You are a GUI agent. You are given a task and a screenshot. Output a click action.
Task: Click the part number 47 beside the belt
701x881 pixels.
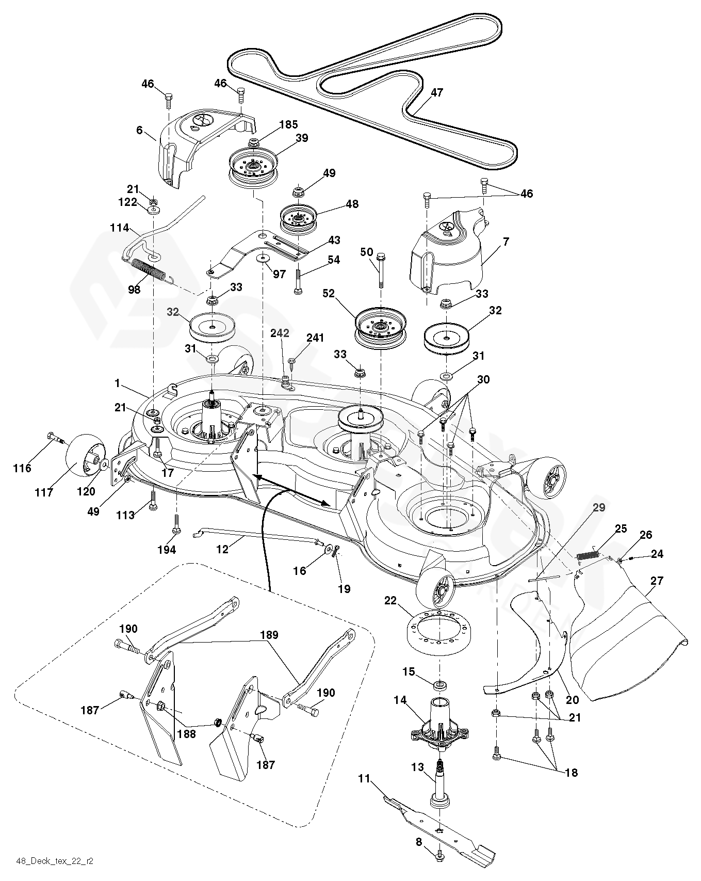click(x=436, y=93)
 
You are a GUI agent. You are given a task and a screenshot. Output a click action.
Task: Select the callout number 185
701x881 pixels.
click(x=288, y=124)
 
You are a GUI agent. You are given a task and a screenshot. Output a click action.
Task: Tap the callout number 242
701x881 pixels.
click(x=280, y=333)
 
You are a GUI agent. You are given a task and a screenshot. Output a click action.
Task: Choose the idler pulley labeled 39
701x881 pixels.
click(x=253, y=164)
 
